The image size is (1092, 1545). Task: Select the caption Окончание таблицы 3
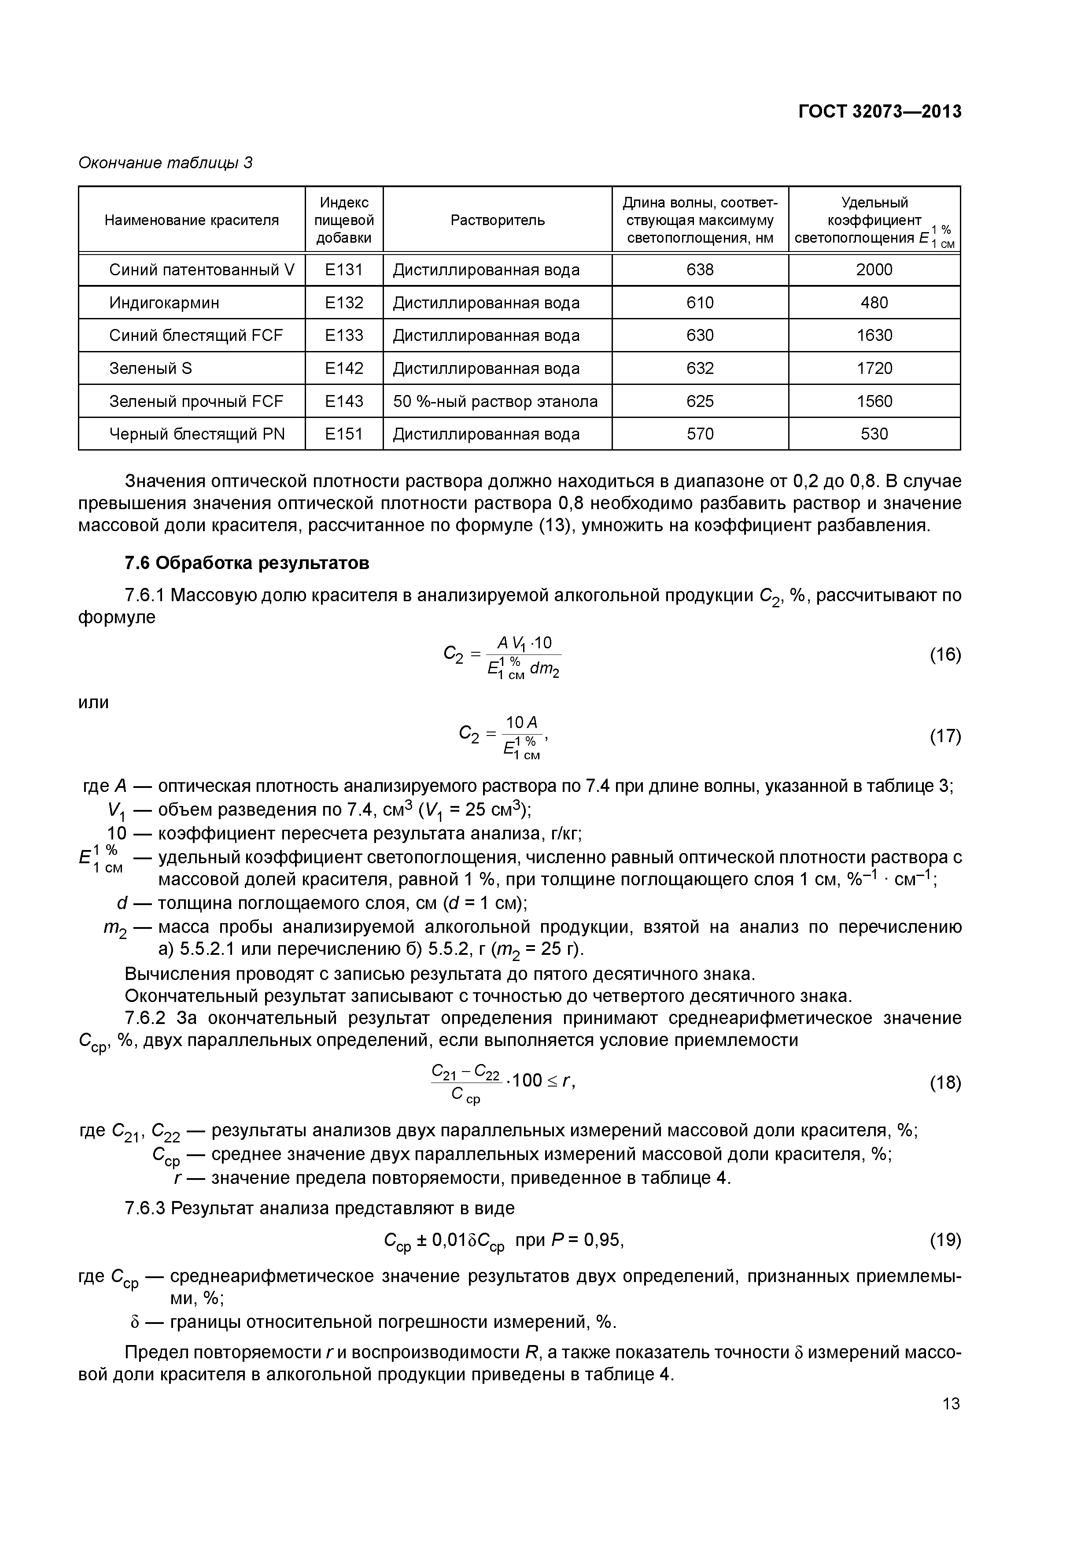coord(166,163)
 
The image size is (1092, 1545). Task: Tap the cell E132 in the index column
coord(344,303)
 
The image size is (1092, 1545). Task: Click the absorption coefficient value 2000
coord(874,270)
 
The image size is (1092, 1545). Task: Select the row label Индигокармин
coord(164,303)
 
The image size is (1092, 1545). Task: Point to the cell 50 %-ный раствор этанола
coord(495,402)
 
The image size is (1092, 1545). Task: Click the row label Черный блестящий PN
coord(197,434)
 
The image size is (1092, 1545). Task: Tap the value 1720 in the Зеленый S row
coord(874,369)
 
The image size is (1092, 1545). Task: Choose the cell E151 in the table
coord(344,434)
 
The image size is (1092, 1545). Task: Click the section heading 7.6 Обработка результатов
coord(247,562)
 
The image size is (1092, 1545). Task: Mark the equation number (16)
coord(944,655)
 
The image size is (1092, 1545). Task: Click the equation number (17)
coord(944,736)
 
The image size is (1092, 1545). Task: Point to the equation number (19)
coord(944,1239)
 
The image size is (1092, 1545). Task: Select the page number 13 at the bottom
coord(951,1404)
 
